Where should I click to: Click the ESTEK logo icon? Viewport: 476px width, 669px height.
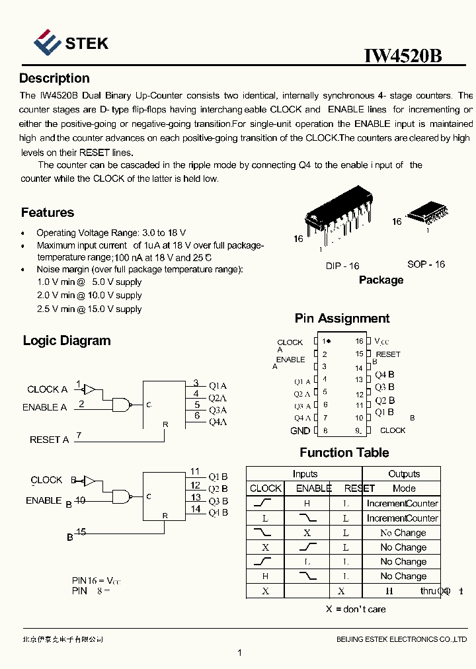click(x=47, y=42)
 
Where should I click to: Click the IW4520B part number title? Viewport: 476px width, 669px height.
click(x=403, y=56)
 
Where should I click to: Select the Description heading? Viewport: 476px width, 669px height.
click(x=54, y=79)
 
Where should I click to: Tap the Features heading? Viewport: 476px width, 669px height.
click(x=48, y=213)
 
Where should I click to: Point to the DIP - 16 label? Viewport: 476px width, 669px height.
click(x=342, y=266)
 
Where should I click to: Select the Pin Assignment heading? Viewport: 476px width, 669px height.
click(x=342, y=319)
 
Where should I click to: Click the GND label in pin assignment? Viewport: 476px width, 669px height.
click(x=300, y=431)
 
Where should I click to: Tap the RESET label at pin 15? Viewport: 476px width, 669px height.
click(x=388, y=354)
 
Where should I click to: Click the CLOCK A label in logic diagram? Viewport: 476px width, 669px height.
click(x=47, y=389)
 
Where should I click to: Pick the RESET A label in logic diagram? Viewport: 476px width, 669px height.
click(x=49, y=440)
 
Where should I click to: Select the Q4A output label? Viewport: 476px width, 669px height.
click(x=218, y=422)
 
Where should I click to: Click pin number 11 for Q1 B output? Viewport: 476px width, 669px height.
click(x=195, y=471)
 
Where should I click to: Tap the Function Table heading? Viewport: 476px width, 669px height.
click(x=344, y=453)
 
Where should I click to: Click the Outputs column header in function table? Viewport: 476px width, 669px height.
click(x=404, y=474)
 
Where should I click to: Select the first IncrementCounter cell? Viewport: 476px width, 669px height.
click(x=402, y=504)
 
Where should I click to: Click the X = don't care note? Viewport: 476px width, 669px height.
click(x=356, y=609)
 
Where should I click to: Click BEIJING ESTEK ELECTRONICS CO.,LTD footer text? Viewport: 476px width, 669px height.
click(x=401, y=639)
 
